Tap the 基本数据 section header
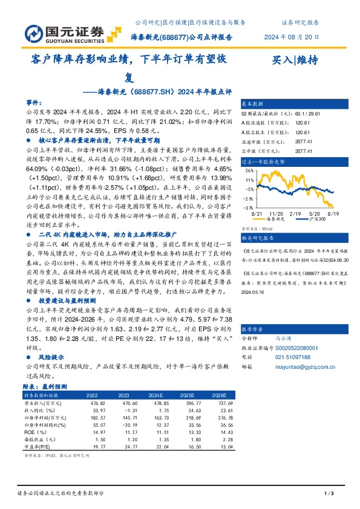click(252, 104)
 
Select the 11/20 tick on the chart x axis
click(277, 214)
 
